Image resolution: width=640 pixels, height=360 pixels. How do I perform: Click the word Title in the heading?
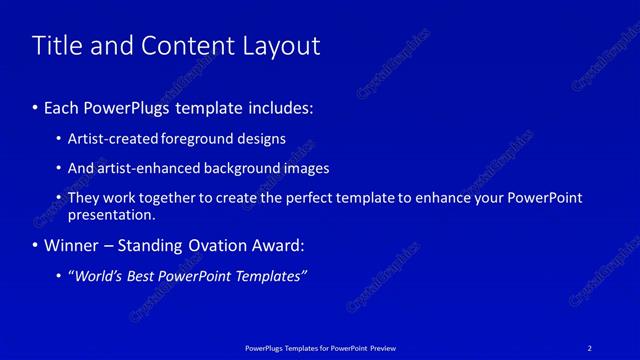point(58,46)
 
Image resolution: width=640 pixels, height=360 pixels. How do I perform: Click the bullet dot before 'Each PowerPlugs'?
point(36,106)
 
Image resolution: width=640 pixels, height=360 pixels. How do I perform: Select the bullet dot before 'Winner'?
point(36,245)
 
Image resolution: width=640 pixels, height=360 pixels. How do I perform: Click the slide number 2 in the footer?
point(590,348)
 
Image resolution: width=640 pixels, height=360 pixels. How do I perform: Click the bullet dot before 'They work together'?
point(60,198)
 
